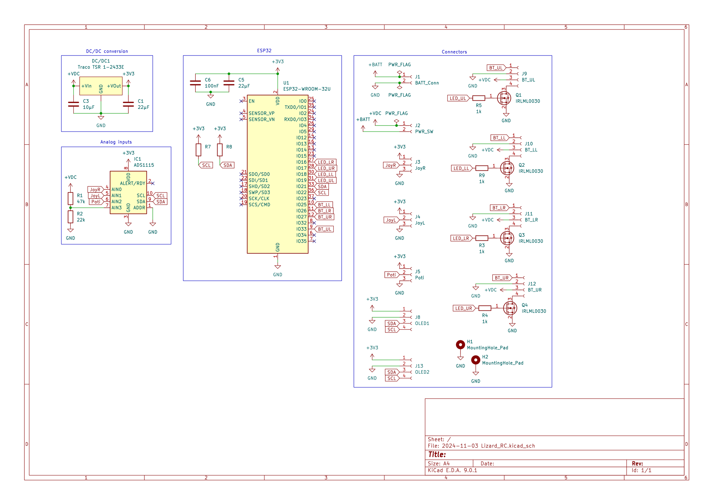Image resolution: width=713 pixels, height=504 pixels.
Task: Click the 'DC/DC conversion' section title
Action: click(x=107, y=51)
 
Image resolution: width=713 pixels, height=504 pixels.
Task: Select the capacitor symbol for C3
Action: click(x=74, y=104)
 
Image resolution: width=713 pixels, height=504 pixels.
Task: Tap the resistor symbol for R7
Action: click(x=198, y=150)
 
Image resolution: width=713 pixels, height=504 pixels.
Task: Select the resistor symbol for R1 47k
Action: click(x=70, y=199)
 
